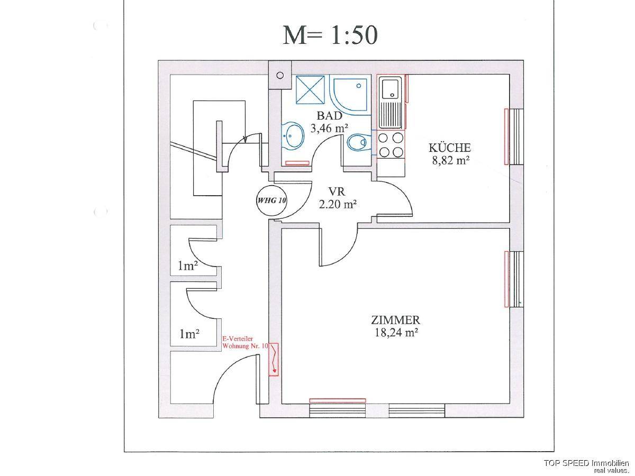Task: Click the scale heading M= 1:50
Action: point(330,35)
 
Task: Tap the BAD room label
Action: point(330,116)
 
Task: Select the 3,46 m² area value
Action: point(329,127)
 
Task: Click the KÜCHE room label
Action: point(449,148)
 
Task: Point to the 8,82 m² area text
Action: point(451,160)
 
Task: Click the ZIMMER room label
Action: point(395,320)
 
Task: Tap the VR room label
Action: point(337,191)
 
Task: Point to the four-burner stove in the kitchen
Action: point(391,144)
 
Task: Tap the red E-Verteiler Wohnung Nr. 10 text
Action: point(245,342)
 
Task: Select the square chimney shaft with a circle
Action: point(280,75)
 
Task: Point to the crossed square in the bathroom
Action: point(311,91)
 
